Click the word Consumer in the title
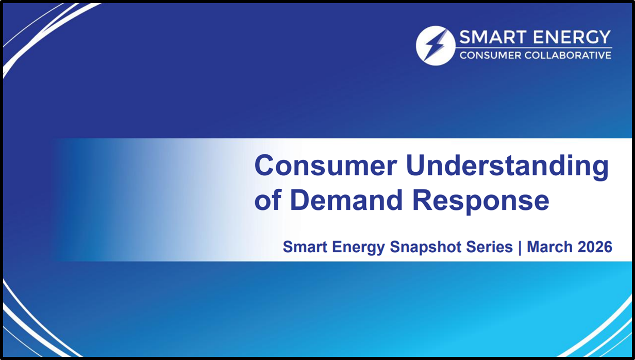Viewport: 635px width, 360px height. pyautogui.click(x=326, y=166)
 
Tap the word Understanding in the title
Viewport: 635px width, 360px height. pyautogui.click(x=507, y=167)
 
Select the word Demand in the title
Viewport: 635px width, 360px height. pyautogui.click(x=346, y=200)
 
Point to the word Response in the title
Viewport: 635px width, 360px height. pyautogui.click(x=480, y=202)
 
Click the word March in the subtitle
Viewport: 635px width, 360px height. pyautogui.click(x=549, y=247)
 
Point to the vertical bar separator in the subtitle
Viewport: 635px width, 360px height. pyautogui.click(x=520, y=248)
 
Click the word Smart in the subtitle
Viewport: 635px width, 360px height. pyautogui.click(x=305, y=247)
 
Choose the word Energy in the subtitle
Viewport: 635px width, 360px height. pyautogui.click(x=358, y=248)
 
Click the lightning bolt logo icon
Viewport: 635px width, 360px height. pyautogui.click(x=436, y=46)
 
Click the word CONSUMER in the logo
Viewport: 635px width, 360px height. pyautogui.click(x=490, y=55)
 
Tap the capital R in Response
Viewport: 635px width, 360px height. pyautogui.click(x=422, y=200)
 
